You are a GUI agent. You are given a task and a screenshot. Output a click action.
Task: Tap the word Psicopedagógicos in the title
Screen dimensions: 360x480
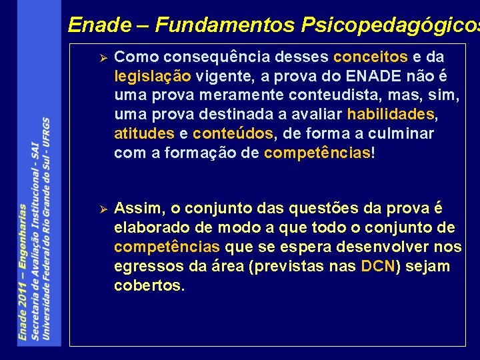pos(391,25)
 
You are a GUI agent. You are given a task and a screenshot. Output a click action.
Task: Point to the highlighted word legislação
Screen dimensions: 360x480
pos(153,76)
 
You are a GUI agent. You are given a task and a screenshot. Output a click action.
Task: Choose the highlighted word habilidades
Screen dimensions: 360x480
pos(391,115)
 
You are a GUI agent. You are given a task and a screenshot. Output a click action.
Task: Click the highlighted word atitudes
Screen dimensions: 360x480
pos(144,134)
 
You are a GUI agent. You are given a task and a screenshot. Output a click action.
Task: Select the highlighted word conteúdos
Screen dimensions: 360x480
pos(233,134)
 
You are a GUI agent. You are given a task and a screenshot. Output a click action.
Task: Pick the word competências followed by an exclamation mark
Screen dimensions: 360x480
pos(317,153)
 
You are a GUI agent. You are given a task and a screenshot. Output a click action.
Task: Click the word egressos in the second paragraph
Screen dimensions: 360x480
pos(147,267)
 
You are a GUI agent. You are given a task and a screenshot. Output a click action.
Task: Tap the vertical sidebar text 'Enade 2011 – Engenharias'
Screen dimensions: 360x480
pos(23,273)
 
